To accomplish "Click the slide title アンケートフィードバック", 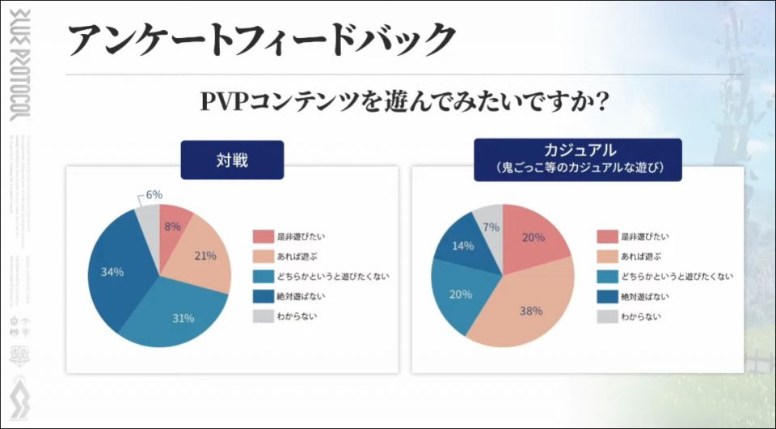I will click(261, 40).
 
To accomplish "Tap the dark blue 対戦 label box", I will click(232, 159).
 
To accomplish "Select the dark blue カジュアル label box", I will click(577, 159).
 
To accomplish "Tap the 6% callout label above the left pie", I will click(154, 194).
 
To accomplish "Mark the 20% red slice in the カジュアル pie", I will click(533, 237).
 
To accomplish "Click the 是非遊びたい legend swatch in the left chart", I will click(264, 237).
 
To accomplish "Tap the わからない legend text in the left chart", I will click(301, 316).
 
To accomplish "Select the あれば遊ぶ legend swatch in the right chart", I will click(608, 257).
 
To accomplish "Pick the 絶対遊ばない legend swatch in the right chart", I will click(608, 296).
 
